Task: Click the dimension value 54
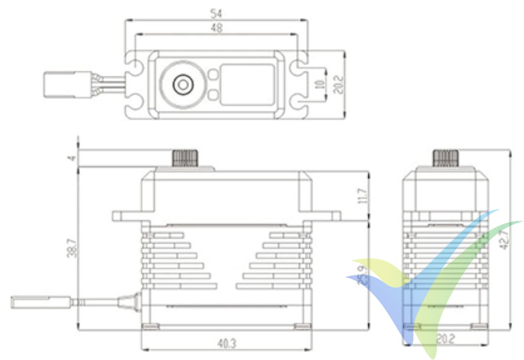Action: click(x=217, y=13)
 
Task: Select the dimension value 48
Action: click(x=217, y=28)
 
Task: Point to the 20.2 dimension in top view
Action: click(x=338, y=85)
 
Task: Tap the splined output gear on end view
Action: click(x=446, y=158)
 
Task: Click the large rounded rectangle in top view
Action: click(x=247, y=85)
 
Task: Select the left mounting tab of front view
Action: click(x=127, y=216)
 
